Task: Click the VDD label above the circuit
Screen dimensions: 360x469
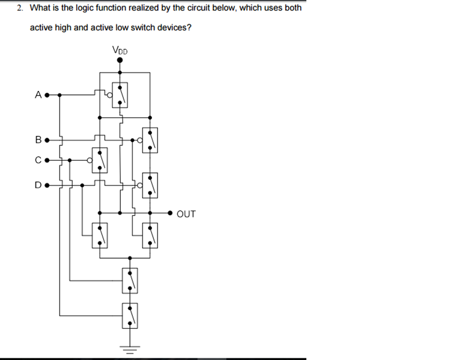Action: [120, 50]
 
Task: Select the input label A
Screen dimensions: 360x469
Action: [38, 94]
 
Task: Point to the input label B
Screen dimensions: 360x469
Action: [38, 139]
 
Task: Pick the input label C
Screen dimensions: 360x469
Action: [38, 160]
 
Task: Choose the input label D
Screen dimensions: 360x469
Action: [38, 185]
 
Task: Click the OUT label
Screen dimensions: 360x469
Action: [186, 214]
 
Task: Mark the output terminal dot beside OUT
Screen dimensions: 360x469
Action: [170, 213]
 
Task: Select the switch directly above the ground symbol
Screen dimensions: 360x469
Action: [130, 314]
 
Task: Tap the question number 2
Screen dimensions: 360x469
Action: [19, 9]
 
